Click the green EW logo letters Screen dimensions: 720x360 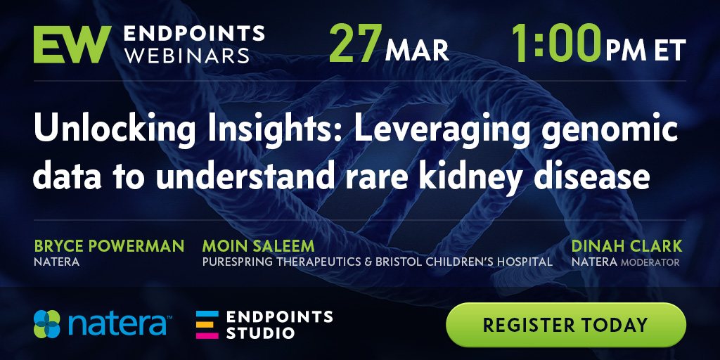point(72,44)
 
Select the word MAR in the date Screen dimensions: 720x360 point(416,51)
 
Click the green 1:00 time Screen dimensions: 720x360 point(555,43)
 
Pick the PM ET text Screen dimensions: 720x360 point(645,51)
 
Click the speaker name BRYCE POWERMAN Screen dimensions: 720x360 point(109,245)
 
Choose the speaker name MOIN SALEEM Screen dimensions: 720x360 point(258,245)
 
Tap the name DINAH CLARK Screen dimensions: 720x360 point(626,245)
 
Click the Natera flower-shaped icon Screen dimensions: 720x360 point(47,324)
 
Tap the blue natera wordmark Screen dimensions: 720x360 point(117,324)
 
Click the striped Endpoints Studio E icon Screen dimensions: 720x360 point(207,325)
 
